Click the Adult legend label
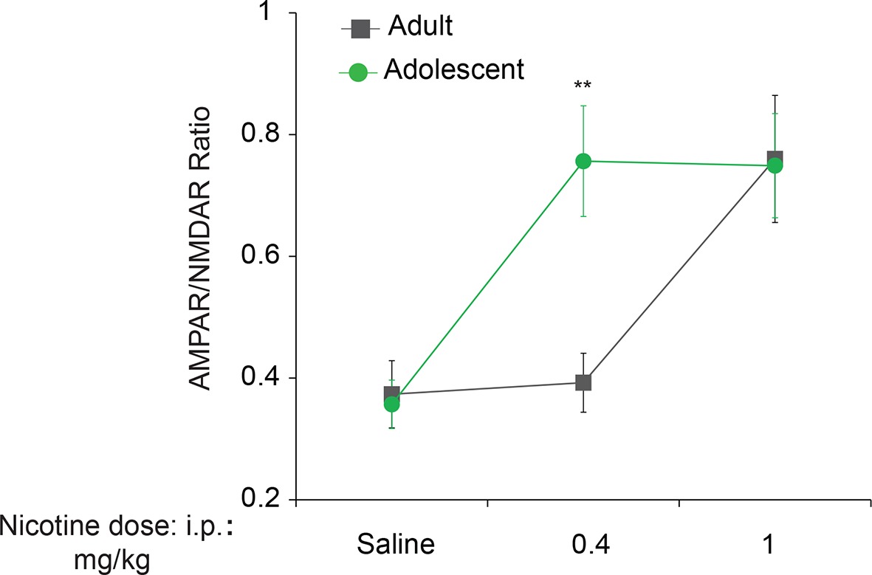coord(419,28)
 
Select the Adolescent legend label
coord(454,70)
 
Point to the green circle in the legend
coord(357,73)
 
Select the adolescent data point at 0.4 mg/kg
coord(583,161)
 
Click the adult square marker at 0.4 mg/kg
coord(583,382)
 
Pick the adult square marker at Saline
coord(392,393)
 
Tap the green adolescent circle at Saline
coord(392,404)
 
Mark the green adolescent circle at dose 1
coord(775,165)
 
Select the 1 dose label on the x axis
coord(768,545)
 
